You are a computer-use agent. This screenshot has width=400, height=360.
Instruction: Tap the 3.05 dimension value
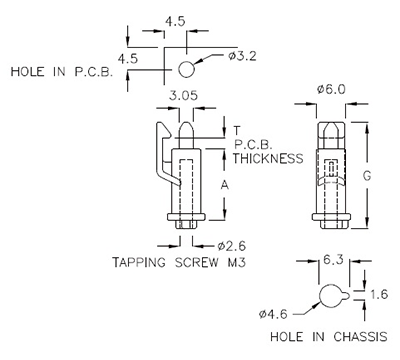pos(182,97)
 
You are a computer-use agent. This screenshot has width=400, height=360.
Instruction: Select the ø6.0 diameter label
pos(331,89)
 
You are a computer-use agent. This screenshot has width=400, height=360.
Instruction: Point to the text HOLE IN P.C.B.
pos(60,72)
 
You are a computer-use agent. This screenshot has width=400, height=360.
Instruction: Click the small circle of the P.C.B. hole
pos(187,68)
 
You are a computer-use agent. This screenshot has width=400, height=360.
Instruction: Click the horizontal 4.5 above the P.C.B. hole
pos(174,20)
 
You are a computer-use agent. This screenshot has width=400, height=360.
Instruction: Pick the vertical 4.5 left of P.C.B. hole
pos(127,59)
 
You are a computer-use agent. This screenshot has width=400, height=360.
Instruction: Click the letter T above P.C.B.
pos(237,130)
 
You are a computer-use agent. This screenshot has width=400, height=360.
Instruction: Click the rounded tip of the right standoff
pos(331,127)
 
